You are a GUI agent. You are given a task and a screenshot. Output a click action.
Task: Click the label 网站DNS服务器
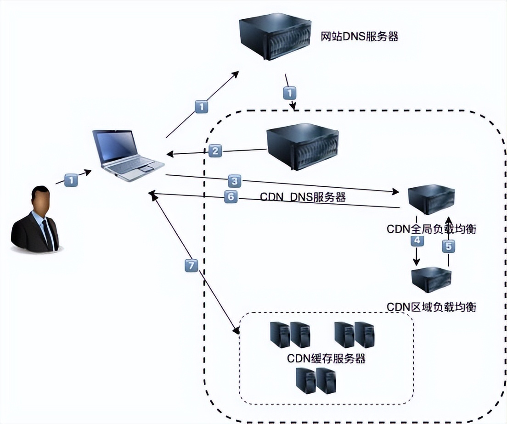359,36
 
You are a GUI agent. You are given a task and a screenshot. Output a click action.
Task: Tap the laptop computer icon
126,152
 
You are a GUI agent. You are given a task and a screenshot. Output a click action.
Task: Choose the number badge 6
231,197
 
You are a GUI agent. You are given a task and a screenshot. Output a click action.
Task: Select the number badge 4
417,241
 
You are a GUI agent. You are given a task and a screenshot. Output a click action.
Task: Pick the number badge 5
449,246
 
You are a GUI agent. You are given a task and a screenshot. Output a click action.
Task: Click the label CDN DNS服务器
303,198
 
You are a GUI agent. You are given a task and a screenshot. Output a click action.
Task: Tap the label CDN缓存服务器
327,358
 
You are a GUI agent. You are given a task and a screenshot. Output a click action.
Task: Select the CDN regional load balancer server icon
431,280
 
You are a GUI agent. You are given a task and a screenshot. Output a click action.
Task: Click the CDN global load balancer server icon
431,199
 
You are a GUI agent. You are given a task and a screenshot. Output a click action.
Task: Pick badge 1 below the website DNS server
289,93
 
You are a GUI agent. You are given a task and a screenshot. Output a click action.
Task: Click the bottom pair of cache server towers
316,380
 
